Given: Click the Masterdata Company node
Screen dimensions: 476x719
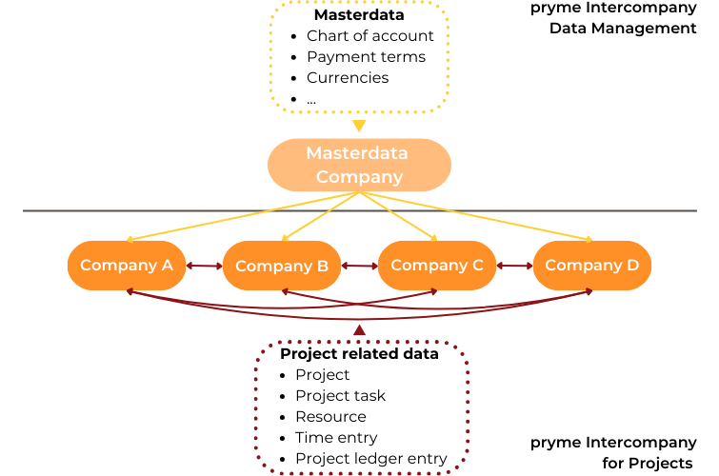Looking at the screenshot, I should (x=359, y=165).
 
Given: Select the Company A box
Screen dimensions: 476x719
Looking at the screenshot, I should (x=127, y=266).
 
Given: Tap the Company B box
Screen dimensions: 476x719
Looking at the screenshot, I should (x=282, y=266).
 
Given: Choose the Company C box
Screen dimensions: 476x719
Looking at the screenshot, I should (x=437, y=266).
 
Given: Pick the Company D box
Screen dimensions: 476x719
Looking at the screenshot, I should (x=591, y=266).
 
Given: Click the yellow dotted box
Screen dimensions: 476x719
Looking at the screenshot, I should (x=359, y=56).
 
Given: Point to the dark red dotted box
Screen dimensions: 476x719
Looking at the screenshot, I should (x=361, y=407).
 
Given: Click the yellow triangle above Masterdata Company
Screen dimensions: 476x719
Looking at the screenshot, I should (x=358, y=126).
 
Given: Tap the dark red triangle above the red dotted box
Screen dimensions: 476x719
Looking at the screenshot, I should (x=359, y=330).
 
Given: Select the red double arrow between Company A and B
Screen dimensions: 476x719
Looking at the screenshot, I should (x=204, y=267).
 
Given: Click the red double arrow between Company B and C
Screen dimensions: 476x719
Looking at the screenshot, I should (x=359, y=267).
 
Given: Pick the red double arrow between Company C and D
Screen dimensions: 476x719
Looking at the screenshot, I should (x=514, y=267).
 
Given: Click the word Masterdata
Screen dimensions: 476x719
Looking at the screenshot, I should (x=356, y=153).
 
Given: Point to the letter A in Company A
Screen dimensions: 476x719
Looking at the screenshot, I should (x=167, y=265).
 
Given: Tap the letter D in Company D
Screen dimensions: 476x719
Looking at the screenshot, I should (x=632, y=265).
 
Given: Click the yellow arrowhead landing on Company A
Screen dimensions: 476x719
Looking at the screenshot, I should (x=130, y=239).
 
